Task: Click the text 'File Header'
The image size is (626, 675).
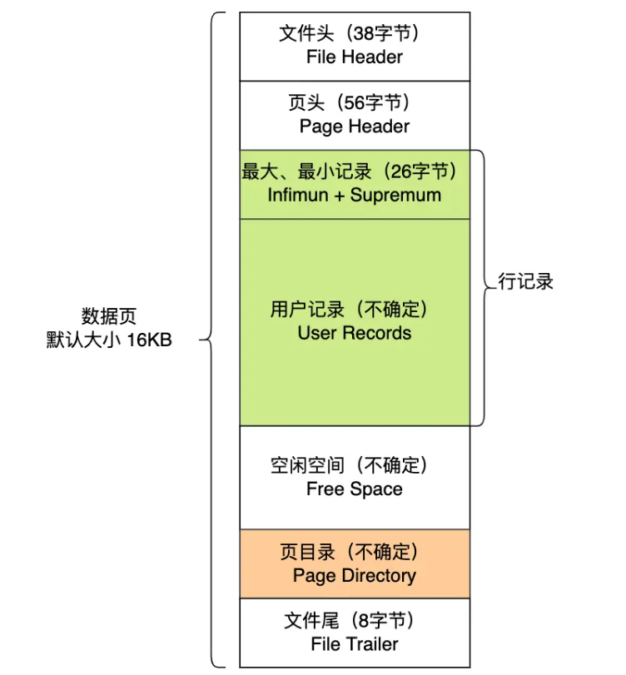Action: tap(354, 57)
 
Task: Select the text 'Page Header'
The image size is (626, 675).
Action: tap(355, 127)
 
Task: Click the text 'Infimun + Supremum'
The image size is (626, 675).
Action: tap(355, 195)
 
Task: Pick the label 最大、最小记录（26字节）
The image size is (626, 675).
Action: tap(350, 171)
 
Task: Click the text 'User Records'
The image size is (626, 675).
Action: tap(355, 333)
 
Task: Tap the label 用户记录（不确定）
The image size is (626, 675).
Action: tap(349, 310)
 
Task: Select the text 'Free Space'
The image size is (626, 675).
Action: tap(355, 489)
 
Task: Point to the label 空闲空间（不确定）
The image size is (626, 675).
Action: tap(349, 465)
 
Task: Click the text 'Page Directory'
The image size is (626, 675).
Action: tap(355, 576)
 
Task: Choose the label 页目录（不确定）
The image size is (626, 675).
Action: tap(349, 553)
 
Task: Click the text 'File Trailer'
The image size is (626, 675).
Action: tap(355, 644)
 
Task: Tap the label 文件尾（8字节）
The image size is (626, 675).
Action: tap(349, 621)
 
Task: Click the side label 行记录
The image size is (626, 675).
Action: tap(526, 281)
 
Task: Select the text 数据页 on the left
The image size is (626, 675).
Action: tap(109, 317)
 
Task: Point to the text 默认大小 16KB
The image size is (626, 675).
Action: tap(109, 340)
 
